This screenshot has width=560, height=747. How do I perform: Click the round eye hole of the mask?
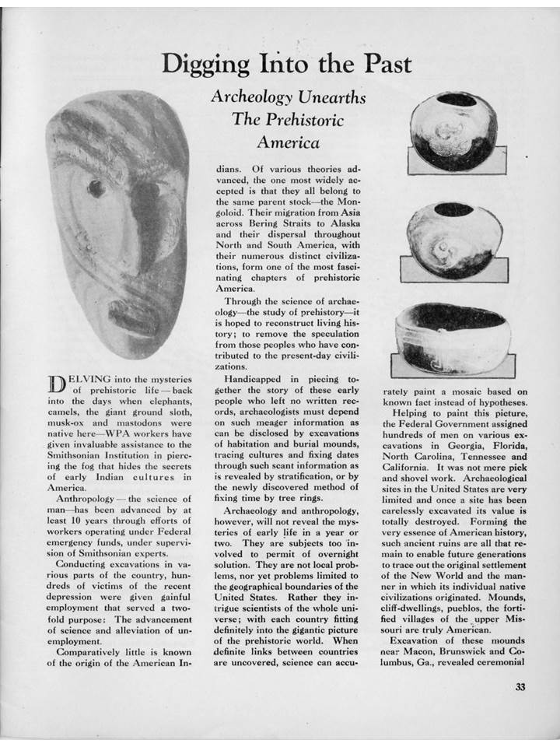pos(96,188)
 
